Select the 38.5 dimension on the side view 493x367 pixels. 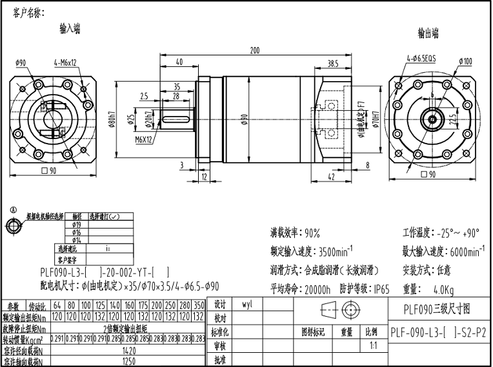(x=333, y=64)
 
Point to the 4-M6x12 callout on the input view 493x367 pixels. (x=65, y=62)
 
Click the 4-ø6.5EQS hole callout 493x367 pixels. (x=421, y=58)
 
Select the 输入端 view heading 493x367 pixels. (x=70, y=28)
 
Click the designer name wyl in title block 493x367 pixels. (x=246, y=304)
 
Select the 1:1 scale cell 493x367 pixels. (x=372, y=346)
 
